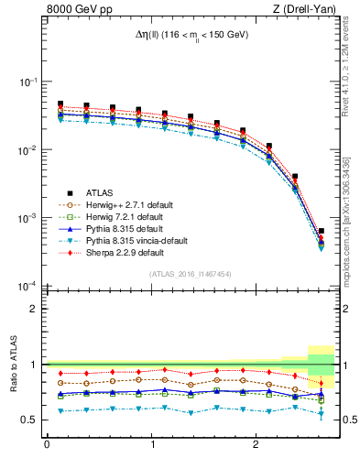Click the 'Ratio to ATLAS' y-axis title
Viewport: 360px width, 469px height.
13,364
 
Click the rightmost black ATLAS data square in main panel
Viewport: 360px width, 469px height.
321,232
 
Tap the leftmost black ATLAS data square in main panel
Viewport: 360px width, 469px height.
60,104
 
